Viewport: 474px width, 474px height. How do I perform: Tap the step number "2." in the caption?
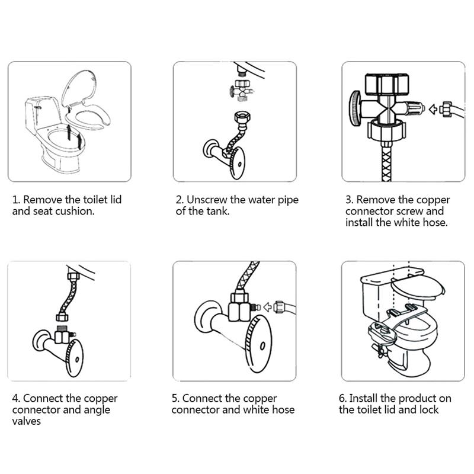coord(180,200)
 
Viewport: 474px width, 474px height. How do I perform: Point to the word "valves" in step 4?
coord(27,421)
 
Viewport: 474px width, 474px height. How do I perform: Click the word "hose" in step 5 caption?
coord(283,409)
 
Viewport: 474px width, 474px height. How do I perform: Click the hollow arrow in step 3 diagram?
coord(434,109)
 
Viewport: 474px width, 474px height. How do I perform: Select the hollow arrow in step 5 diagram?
coord(268,306)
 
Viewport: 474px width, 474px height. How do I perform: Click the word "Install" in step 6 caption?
coord(363,398)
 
